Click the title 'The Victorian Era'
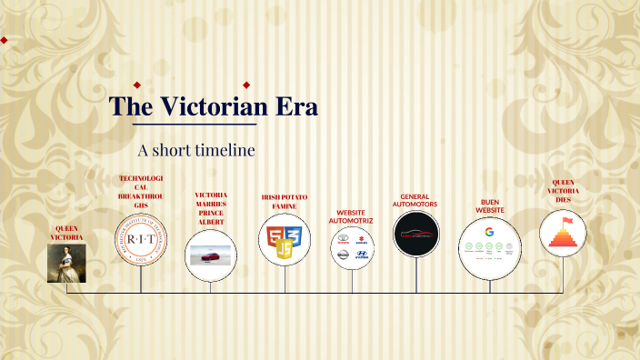coord(214,106)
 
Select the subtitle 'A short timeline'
coord(196,149)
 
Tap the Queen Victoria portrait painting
coord(66,263)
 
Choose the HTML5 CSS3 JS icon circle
coord(285,240)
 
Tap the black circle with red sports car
coord(417,235)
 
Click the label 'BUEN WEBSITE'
coord(489,205)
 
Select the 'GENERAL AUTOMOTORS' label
coord(415,200)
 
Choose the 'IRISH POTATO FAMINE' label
coord(285,201)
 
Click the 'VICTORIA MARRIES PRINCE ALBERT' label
coord(211,208)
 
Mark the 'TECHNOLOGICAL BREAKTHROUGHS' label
coord(141,192)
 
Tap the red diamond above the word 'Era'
coord(246,85)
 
